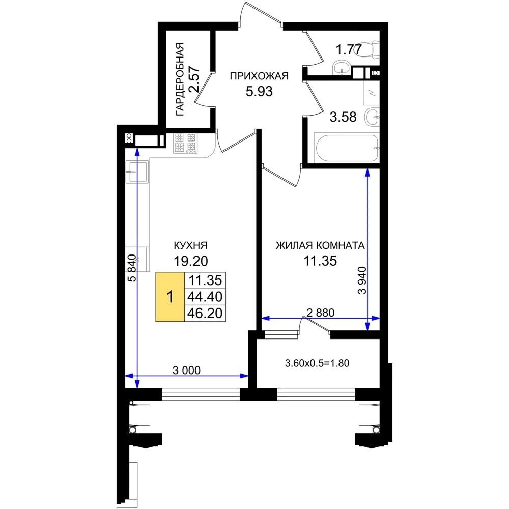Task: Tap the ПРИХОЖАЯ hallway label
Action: (x=259, y=76)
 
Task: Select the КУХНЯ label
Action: (x=191, y=245)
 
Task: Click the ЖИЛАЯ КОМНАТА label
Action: (x=320, y=245)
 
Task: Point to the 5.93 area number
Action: (x=259, y=92)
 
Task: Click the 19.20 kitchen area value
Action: (x=191, y=261)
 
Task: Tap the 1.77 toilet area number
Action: (x=348, y=50)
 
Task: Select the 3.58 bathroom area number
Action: (x=343, y=117)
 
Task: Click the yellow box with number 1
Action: (x=170, y=297)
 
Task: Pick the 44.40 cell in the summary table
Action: (x=205, y=297)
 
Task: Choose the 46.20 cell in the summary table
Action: (x=205, y=313)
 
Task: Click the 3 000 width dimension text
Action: (x=186, y=370)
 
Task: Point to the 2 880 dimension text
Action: (x=320, y=313)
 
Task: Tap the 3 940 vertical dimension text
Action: (x=362, y=280)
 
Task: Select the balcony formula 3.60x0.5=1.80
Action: (x=317, y=363)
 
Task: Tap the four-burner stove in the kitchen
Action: (x=185, y=143)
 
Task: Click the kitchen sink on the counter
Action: (x=136, y=172)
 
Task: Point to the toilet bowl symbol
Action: (x=370, y=50)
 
